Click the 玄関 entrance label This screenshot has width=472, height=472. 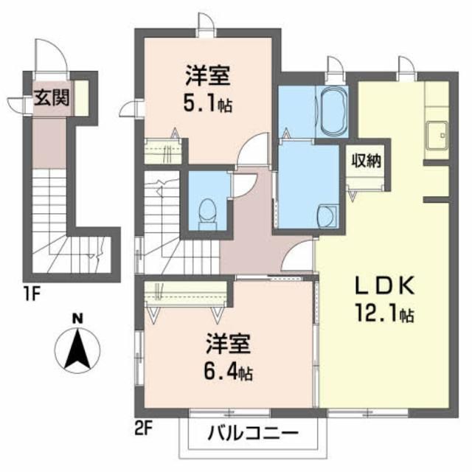coord(51,99)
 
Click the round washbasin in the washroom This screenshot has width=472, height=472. coord(325,215)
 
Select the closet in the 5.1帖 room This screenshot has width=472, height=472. coord(162,151)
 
